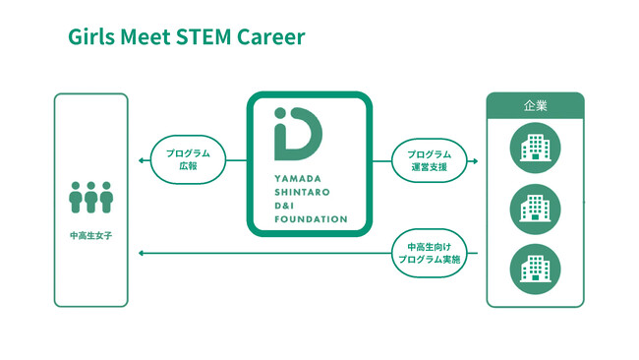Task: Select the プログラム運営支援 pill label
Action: tap(429, 160)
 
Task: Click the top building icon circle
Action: tap(535, 149)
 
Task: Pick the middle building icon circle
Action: tap(535, 209)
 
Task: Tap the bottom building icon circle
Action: tap(535, 268)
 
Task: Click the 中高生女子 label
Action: tap(91, 237)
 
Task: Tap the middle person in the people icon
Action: tap(91, 198)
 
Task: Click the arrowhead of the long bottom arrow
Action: tap(142, 254)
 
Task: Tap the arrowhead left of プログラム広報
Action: tap(142, 160)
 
